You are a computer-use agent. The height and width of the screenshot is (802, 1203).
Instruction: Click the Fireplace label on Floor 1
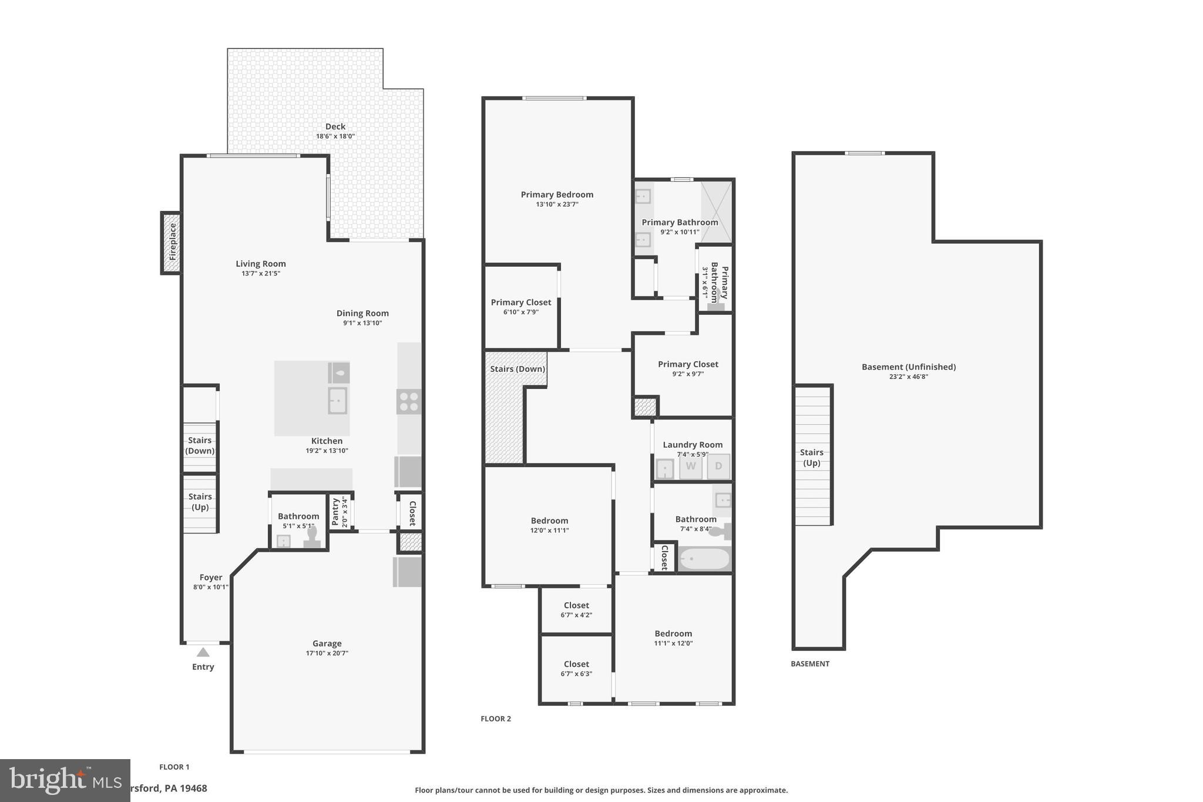click(172, 242)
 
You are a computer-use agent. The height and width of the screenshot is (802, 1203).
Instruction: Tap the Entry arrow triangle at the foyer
click(203, 652)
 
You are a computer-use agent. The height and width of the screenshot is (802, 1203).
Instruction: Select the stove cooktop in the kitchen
click(408, 402)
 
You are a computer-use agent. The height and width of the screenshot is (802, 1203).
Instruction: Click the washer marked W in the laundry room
click(691, 467)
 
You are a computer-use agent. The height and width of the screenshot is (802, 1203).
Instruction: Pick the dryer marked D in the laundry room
click(718, 467)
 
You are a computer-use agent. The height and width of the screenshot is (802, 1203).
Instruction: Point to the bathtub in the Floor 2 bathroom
click(704, 559)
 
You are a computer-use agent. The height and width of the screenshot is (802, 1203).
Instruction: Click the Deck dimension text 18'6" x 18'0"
click(335, 136)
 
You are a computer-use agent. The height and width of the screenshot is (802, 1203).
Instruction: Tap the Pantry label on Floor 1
click(335, 511)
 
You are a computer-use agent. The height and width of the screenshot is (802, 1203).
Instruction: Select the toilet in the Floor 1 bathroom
click(312, 538)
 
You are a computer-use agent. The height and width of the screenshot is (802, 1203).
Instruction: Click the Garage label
click(327, 643)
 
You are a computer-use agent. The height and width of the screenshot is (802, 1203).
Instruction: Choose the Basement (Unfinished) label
click(908, 367)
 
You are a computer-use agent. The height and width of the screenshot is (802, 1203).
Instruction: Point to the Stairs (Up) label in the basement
click(811, 457)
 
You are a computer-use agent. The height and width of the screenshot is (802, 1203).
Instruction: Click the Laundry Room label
click(693, 445)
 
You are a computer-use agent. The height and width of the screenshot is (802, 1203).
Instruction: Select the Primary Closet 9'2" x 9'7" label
click(688, 364)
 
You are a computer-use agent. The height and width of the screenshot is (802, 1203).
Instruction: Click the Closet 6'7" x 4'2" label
click(576, 605)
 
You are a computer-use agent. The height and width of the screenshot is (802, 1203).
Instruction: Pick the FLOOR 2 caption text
click(496, 719)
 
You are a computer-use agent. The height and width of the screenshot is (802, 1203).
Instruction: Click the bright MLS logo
click(65, 780)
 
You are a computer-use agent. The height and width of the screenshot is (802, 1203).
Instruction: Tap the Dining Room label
click(362, 313)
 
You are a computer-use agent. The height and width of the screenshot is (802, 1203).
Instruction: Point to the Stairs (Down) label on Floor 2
click(518, 369)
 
